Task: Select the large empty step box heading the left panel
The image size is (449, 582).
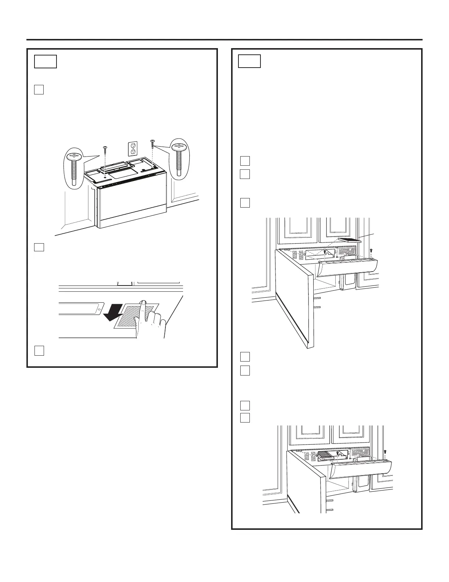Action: click(x=45, y=62)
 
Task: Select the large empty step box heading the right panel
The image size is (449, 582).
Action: click(x=249, y=61)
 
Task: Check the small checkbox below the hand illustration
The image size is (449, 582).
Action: click(x=39, y=351)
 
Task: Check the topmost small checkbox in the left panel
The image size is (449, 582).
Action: click(x=39, y=90)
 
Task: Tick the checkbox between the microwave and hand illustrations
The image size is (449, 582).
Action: click(x=39, y=247)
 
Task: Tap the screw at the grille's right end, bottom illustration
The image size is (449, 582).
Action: click(x=384, y=452)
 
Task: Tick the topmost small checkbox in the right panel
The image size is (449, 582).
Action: click(x=245, y=161)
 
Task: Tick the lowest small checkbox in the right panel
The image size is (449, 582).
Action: click(x=245, y=417)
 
